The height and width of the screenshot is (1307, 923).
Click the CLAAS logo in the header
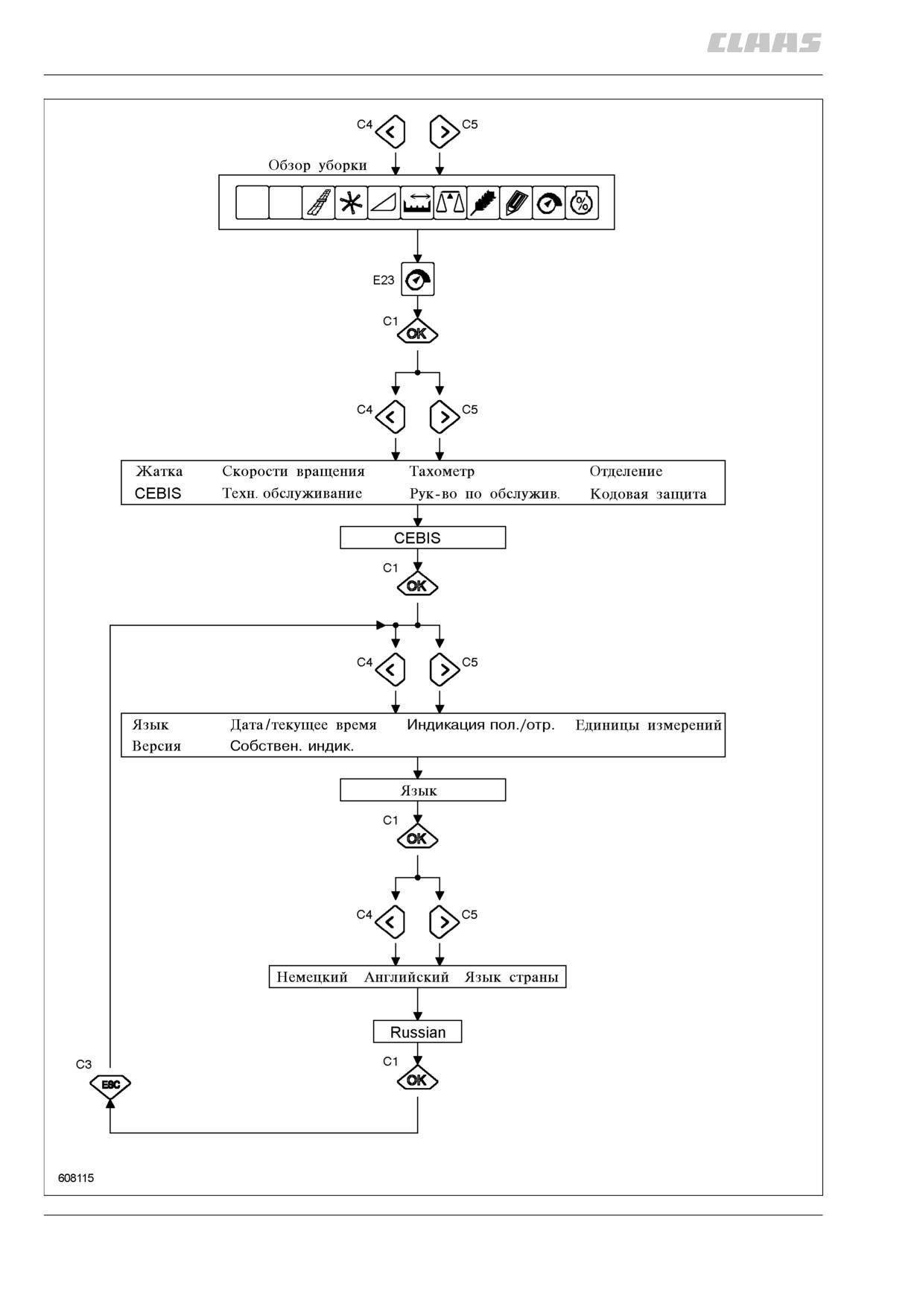click(x=764, y=43)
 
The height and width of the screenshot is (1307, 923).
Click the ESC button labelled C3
click(x=110, y=1084)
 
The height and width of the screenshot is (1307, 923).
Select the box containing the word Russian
click(x=417, y=1032)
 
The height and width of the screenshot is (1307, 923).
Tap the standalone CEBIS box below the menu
click(x=422, y=538)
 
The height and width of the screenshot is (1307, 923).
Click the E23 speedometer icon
click(x=417, y=279)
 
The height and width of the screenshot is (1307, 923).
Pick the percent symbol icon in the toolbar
click(x=582, y=203)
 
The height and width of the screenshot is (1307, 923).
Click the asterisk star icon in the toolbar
click(x=351, y=203)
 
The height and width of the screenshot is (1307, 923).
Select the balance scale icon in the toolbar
click(x=450, y=203)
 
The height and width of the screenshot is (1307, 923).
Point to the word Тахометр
click(x=442, y=471)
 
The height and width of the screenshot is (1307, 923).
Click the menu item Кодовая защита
click(x=648, y=494)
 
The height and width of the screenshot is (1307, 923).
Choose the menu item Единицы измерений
click(x=648, y=725)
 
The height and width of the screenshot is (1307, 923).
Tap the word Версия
click(x=156, y=746)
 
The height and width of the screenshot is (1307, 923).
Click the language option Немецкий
click(x=312, y=977)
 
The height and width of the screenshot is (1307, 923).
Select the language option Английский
click(x=407, y=977)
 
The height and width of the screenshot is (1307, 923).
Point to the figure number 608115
click(x=76, y=1178)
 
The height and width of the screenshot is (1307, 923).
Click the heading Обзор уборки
click(x=317, y=165)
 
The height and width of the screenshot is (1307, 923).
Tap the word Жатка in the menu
click(x=159, y=471)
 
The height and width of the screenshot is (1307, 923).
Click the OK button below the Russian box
click(x=417, y=1080)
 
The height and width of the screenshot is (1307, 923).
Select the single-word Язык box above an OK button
click(x=422, y=791)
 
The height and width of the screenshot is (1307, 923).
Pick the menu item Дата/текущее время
click(x=303, y=725)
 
